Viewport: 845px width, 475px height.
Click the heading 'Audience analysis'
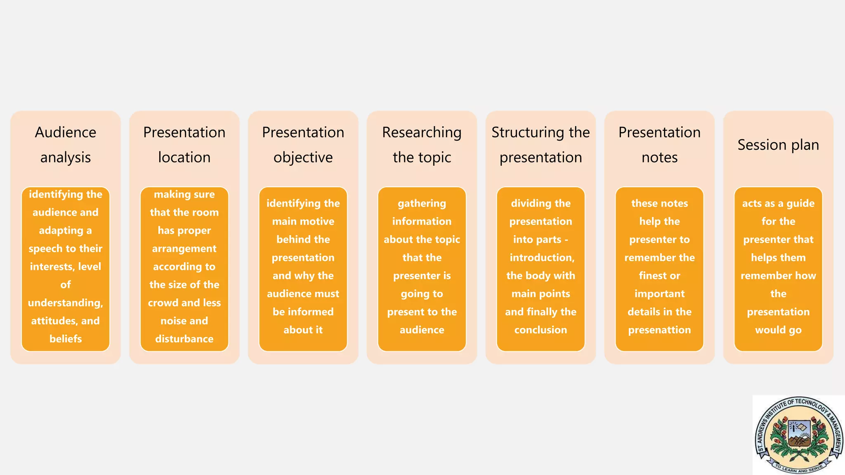(x=66, y=145)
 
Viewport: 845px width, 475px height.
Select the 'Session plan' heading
(x=778, y=145)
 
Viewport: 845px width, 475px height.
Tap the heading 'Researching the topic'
(x=422, y=145)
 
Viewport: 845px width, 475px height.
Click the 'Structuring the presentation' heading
(x=541, y=145)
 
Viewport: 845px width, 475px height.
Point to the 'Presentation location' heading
(x=184, y=145)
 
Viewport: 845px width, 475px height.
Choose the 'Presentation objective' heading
(x=303, y=145)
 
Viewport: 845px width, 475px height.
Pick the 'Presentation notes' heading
(x=659, y=145)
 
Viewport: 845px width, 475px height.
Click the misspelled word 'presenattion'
(x=659, y=330)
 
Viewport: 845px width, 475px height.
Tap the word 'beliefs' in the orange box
(x=66, y=339)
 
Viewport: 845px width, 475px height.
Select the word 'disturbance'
(x=184, y=339)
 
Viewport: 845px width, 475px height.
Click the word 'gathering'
(x=422, y=203)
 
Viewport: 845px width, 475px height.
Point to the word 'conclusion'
(x=541, y=330)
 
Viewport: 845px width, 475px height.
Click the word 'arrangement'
(x=184, y=249)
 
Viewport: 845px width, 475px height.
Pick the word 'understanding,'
(x=66, y=303)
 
